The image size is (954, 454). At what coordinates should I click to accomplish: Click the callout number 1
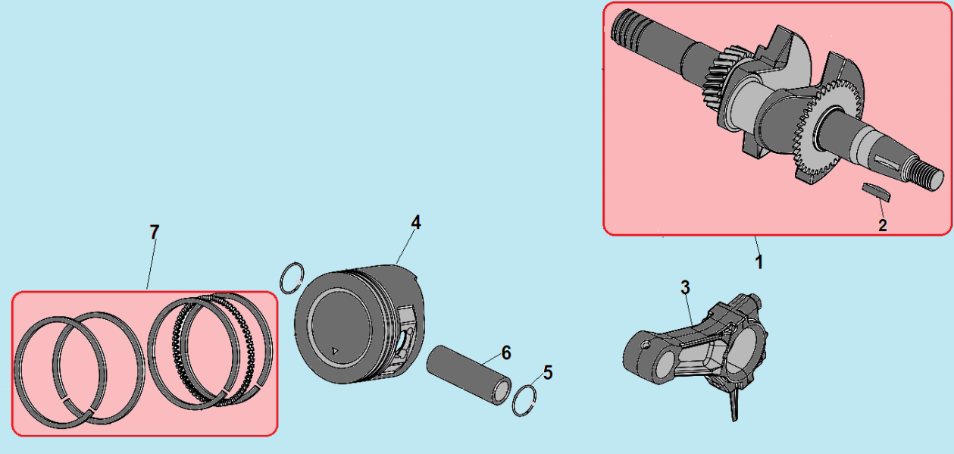tap(759, 262)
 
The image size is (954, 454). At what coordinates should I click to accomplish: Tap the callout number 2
tap(883, 225)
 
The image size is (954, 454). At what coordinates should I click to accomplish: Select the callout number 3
tap(685, 287)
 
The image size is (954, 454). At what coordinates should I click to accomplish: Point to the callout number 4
tap(416, 222)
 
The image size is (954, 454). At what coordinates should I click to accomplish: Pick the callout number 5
tap(548, 373)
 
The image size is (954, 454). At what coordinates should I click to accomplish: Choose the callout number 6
tap(506, 352)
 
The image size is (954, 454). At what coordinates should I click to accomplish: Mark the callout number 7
tap(154, 232)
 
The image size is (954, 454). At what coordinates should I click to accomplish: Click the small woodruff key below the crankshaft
tap(876, 192)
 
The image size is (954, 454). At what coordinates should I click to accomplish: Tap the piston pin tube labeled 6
tap(468, 374)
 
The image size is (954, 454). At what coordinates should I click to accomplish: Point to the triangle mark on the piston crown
tap(335, 351)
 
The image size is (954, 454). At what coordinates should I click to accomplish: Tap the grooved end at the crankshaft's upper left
tap(627, 29)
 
